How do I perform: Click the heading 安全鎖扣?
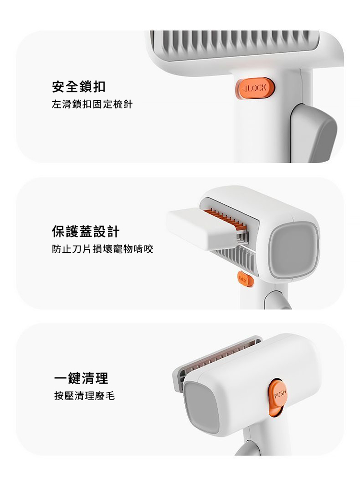click(x=79, y=87)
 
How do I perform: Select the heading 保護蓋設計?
click(x=85, y=232)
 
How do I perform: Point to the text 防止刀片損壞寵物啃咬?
click(x=102, y=249)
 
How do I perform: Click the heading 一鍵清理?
click(x=81, y=378)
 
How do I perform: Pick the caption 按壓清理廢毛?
click(x=84, y=396)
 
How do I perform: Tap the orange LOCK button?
click(x=254, y=88)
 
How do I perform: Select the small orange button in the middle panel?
click(x=245, y=280)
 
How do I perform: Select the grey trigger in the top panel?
click(x=315, y=133)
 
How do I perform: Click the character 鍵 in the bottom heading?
click(x=74, y=378)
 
